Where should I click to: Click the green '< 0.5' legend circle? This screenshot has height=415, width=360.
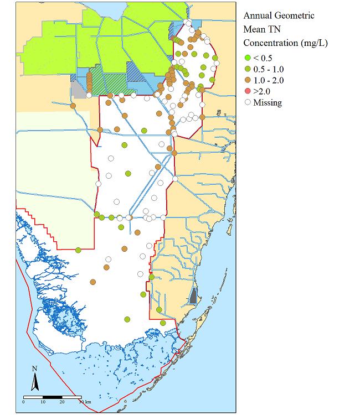click(248, 58)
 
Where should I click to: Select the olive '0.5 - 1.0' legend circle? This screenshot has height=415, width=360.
click(248, 69)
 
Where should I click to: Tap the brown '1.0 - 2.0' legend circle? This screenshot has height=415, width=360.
click(248, 80)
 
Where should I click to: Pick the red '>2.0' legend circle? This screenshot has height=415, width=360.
click(248, 91)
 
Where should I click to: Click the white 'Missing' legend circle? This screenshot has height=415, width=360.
click(248, 102)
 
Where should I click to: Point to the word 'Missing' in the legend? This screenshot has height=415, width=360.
click(268, 102)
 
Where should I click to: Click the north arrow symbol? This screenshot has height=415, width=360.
click(34, 381)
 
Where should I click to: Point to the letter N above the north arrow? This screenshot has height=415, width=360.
click(34, 369)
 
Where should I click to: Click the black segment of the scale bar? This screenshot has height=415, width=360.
click(52, 397)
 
